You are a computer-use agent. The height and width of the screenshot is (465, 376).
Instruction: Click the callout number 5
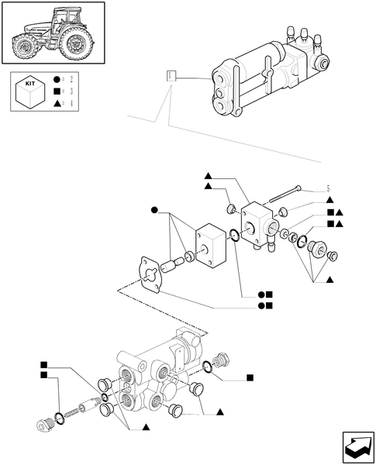[328, 190]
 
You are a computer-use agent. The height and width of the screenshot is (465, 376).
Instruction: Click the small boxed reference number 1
[171, 75]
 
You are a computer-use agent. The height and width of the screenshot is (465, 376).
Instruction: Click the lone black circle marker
[155, 210]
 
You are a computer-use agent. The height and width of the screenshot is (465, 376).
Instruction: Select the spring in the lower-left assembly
[81, 410]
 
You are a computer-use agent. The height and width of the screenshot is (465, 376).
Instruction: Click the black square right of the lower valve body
[250, 378]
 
